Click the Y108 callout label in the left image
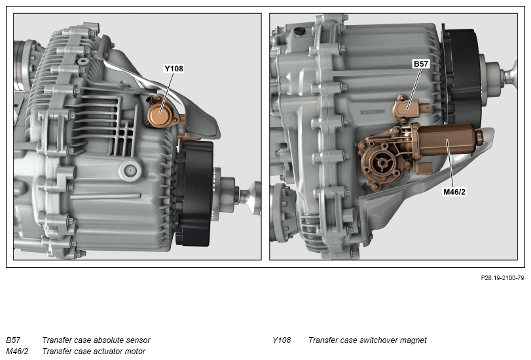[x=174, y=69]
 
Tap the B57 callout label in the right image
[x=421, y=63]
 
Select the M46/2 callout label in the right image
[x=454, y=192]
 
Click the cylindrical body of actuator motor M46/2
[x=447, y=139]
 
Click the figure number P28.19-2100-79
[x=503, y=278]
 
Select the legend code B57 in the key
[x=13, y=340]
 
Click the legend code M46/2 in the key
[x=17, y=351]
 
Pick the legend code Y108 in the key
[x=282, y=340]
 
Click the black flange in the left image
[x=194, y=193]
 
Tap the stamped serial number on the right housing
[x=373, y=112]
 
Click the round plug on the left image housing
[x=130, y=170]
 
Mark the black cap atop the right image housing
[x=299, y=31]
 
